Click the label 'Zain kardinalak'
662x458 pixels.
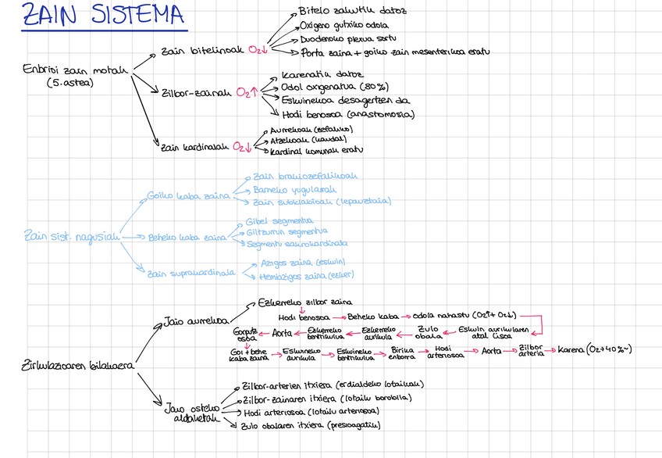[194, 145]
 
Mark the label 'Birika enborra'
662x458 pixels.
[402, 355]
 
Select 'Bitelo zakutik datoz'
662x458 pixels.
[341, 12]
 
